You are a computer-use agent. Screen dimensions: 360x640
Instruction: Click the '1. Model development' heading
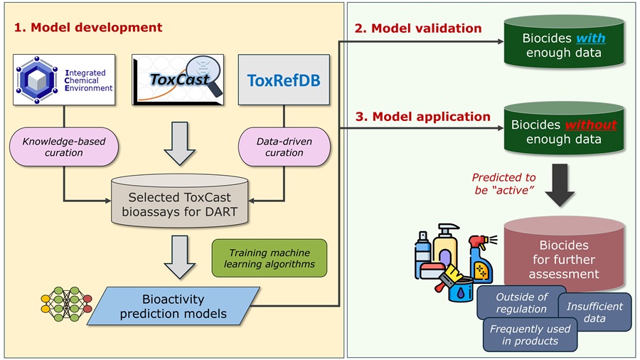(88, 28)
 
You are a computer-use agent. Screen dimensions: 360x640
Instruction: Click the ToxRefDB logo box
(284, 80)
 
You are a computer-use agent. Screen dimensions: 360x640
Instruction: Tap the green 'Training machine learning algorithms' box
(269, 258)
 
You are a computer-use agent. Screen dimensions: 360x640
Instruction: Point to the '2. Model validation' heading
(417, 28)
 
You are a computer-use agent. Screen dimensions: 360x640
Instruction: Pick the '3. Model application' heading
(422, 116)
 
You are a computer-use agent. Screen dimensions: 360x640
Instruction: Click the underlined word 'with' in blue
(590, 38)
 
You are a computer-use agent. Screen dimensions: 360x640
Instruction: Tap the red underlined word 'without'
(590, 125)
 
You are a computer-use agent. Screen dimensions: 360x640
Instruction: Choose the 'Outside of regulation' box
(521, 302)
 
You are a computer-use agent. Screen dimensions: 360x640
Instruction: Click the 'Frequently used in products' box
(530, 334)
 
